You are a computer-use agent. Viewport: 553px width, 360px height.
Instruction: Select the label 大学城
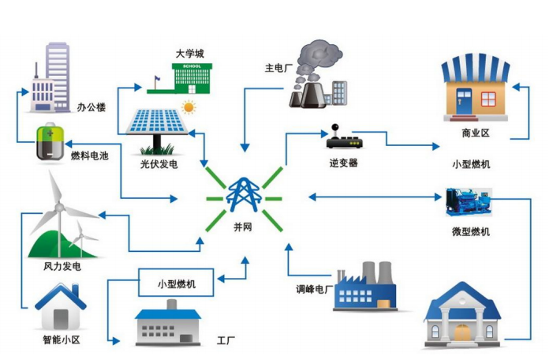tap(189, 54)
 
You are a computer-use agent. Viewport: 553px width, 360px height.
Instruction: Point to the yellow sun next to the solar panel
tap(189, 107)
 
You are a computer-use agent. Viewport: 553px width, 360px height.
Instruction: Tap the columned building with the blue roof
tap(463, 316)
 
